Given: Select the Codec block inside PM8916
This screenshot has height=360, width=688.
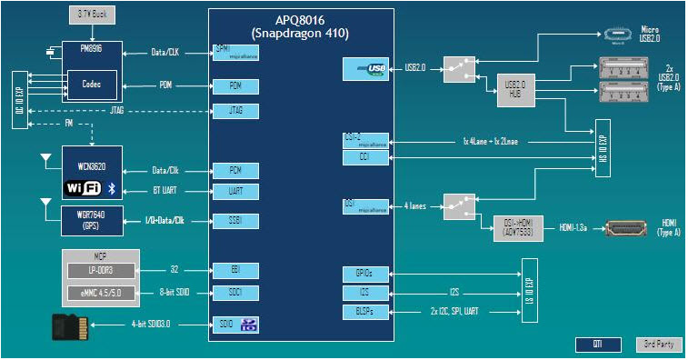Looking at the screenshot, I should (92, 84).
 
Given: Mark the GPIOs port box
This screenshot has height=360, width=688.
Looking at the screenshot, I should (366, 274).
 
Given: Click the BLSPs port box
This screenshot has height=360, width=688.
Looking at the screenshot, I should (366, 312).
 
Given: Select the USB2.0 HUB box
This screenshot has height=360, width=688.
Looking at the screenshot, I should (515, 89).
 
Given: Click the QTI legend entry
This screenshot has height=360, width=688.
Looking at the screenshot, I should (596, 344).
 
